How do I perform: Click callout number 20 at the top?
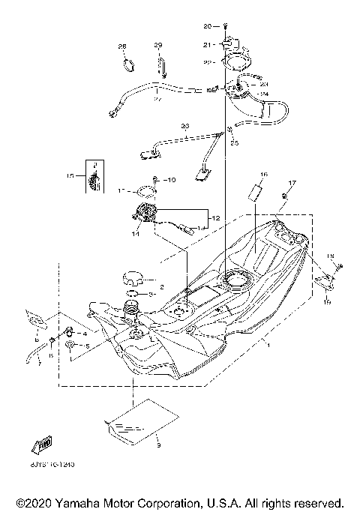click(208, 26)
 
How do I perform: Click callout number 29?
click(158, 46)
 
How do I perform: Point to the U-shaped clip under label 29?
click(160, 67)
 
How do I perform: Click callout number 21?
click(208, 45)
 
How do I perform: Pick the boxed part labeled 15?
click(94, 178)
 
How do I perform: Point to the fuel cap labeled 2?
click(128, 280)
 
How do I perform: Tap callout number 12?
click(215, 217)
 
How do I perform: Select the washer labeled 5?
click(70, 345)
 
